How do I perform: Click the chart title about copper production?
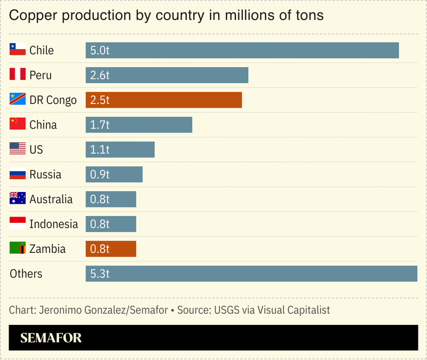(167, 15)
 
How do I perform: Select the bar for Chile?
(242, 50)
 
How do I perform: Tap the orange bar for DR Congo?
(164, 100)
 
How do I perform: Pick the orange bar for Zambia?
(111, 249)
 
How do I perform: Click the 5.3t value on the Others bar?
(100, 274)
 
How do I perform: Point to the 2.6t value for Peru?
(100, 75)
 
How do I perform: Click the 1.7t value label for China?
(100, 125)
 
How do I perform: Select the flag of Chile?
(18, 50)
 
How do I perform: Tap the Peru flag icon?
(18, 75)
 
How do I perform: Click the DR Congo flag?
(18, 100)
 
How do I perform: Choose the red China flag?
(18, 124)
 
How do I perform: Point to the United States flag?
(18, 149)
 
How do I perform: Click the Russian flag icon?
(18, 174)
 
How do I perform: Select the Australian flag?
(18, 199)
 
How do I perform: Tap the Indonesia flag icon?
(18, 223)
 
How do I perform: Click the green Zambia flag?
(18, 249)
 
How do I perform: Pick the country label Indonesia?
(53, 224)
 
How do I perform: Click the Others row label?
(26, 274)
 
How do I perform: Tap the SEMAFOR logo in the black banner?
(51, 338)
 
